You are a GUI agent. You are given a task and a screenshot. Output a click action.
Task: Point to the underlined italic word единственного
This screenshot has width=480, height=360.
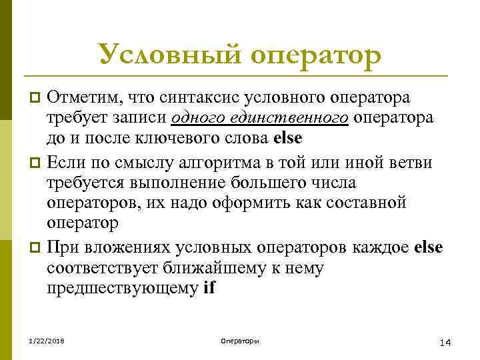tap(291, 119)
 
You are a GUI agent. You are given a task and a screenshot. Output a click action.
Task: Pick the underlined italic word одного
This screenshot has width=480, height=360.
tap(199, 119)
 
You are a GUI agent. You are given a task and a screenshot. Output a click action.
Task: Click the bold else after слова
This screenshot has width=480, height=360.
tap(288, 139)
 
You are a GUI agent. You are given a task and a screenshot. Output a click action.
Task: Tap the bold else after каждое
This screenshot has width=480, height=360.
tap(428, 248)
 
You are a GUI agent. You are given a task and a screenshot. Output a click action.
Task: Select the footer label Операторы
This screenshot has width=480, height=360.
tap(239, 341)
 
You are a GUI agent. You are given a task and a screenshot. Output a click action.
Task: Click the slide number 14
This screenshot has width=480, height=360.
tap(446, 343)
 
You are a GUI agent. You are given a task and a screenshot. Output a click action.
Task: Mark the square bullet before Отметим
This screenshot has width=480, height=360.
tap(37, 99)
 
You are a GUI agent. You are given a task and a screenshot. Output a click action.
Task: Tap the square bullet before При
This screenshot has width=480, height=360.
tap(37, 249)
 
